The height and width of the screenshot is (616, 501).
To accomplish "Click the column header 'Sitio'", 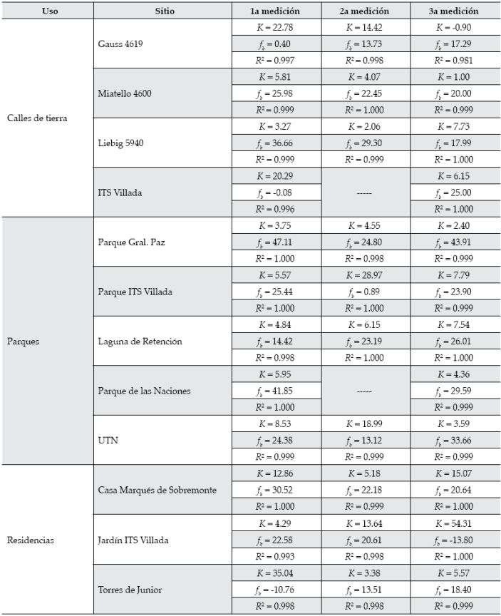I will point(164,12).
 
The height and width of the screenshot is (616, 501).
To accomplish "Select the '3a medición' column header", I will point(454,12).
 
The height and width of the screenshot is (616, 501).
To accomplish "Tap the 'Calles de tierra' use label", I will point(37,118).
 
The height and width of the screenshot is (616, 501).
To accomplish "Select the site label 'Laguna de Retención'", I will point(140,342).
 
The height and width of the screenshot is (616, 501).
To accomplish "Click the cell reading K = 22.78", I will point(274,29).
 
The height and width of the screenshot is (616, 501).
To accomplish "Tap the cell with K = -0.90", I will point(454,29).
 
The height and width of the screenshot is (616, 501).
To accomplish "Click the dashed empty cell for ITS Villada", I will point(364,192).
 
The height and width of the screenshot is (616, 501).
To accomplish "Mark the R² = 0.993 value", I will point(274,555).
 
